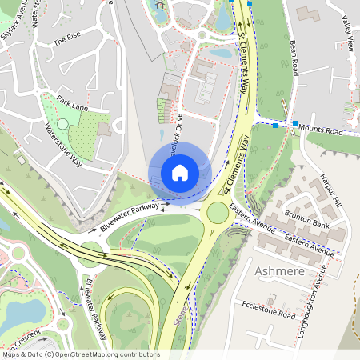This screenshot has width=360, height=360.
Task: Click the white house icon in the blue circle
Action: pyautogui.click(x=180, y=172)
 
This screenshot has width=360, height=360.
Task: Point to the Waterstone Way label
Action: pyautogui.click(x=63, y=143)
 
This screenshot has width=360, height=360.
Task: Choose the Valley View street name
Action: pyautogui.click(x=347, y=34)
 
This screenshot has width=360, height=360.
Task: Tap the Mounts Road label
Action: pyautogui.click(x=320, y=129)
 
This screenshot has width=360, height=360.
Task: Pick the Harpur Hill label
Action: pyautogui.click(x=331, y=191)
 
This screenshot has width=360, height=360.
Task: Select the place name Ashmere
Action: pyautogui.click(x=279, y=272)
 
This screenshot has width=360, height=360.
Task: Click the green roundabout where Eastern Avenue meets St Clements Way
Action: pyautogui.click(x=218, y=212)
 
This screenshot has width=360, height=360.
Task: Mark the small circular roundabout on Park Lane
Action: pyautogui.click(x=62, y=123)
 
